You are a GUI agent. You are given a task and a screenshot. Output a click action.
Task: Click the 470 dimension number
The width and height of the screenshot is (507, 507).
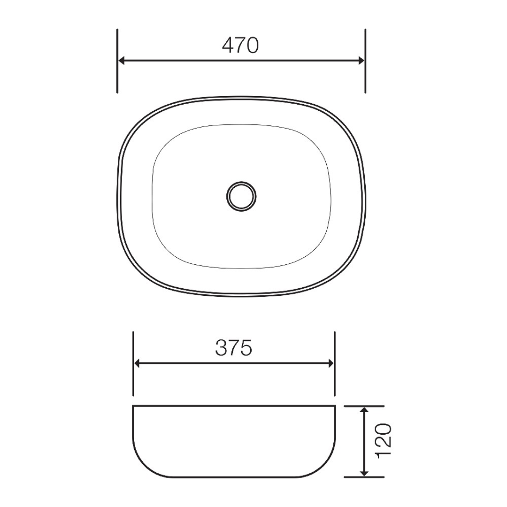240,45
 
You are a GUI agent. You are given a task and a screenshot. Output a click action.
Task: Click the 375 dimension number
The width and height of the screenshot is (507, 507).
234,348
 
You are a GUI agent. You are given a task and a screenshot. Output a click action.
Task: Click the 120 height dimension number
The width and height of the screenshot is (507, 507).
384,440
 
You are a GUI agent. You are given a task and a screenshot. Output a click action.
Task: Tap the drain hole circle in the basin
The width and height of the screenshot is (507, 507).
242,196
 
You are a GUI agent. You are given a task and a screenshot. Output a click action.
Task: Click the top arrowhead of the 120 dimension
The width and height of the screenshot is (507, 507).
364,410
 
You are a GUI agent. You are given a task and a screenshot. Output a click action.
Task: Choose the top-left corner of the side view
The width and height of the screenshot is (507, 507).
134,406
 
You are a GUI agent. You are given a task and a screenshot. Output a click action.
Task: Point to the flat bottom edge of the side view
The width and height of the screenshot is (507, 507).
235,477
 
